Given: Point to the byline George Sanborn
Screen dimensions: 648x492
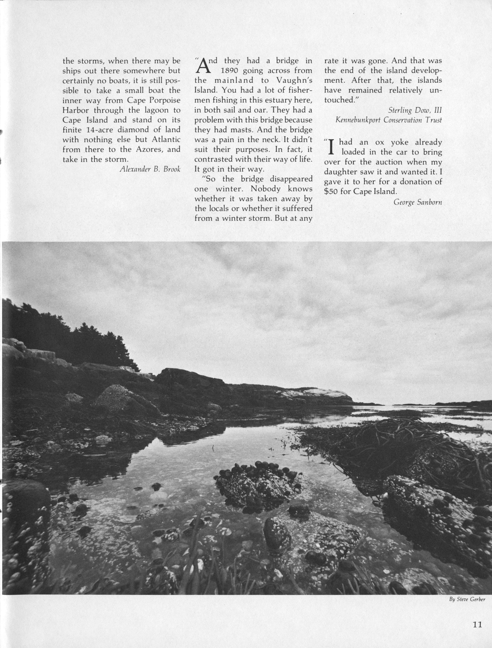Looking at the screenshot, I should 418,202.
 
